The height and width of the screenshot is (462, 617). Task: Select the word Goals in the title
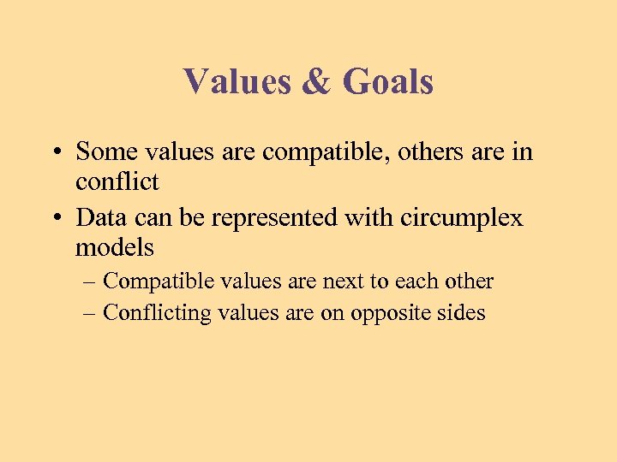[x=387, y=82]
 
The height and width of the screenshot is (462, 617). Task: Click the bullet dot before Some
[x=54, y=153]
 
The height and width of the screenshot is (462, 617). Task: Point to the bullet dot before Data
[x=54, y=219]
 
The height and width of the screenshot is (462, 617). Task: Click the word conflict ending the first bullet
[x=117, y=181]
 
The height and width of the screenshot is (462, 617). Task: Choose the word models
[x=115, y=248]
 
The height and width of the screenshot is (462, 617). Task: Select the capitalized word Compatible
[x=158, y=281]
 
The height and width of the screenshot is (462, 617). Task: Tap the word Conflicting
[x=157, y=313]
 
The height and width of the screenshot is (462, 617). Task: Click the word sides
[x=464, y=313]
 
